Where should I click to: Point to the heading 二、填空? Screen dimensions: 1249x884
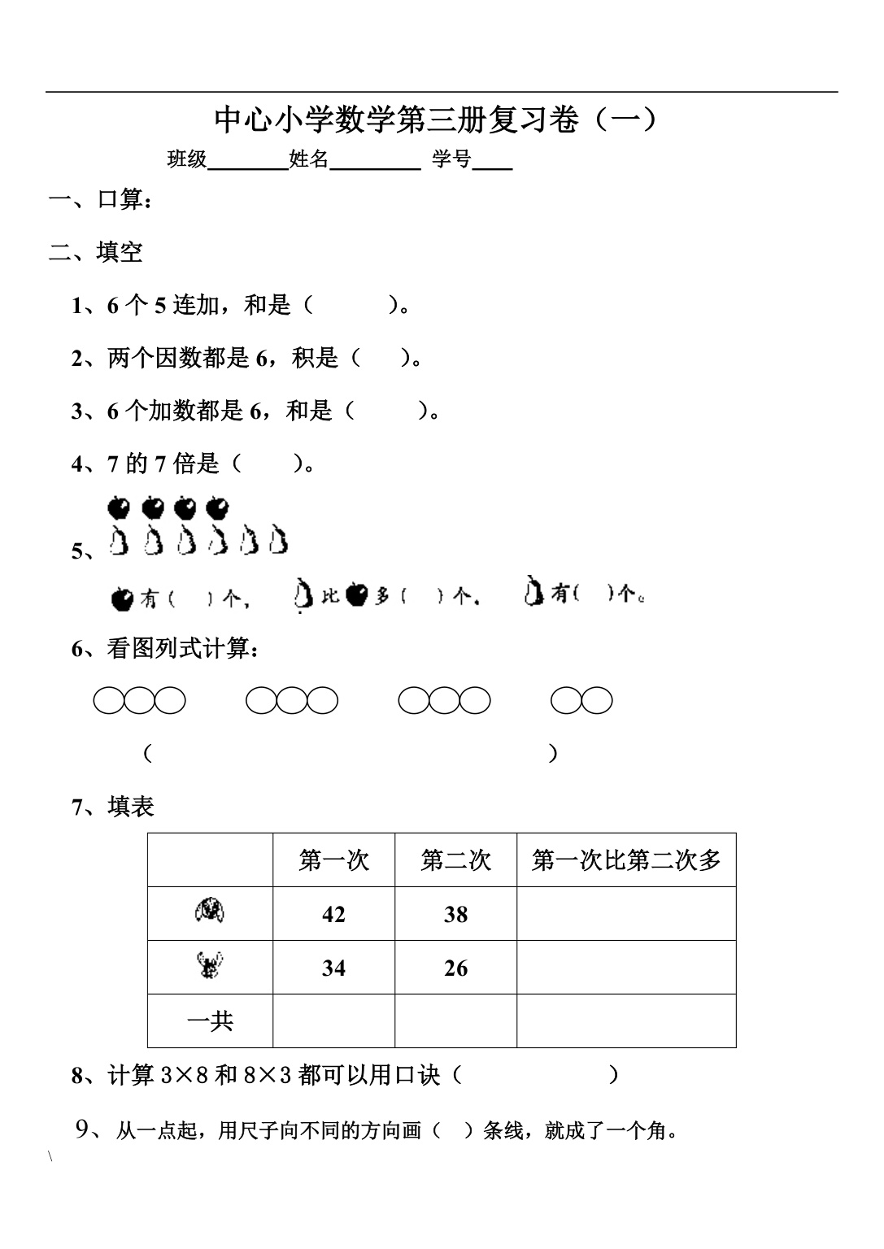(x=96, y=252)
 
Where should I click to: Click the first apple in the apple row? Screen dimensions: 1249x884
(x=119, y=508)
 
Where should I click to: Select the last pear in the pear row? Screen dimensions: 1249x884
(x=278, y=541)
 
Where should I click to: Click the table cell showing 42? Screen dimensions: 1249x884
(x=333, y=915)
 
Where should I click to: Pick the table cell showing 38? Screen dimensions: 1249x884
(x=455, y=915)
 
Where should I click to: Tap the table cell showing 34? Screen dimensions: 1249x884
(x=333, y=968)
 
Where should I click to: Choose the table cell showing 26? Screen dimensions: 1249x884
(x=455, y=968)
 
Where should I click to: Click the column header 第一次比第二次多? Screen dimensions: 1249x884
(x=626, y=860)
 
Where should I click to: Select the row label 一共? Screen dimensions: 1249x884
(x=210, y=1021)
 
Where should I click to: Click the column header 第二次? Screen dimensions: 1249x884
(x=455, y=860)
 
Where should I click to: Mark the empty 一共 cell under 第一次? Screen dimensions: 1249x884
(x=333, y=1021)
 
